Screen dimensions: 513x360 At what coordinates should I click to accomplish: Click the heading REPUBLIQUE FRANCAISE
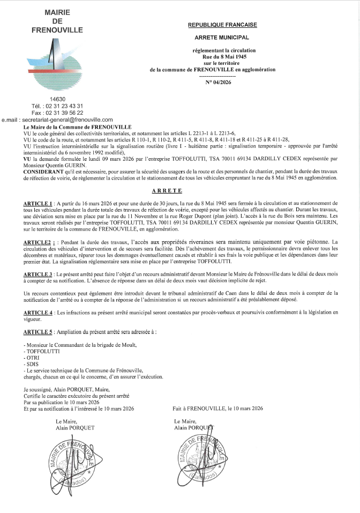[222, 25]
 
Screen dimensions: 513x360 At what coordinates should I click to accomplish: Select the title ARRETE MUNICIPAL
[222, 38]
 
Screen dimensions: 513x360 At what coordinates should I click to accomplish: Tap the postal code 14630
[57, 99]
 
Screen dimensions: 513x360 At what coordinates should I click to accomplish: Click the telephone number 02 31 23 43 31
[57, 106]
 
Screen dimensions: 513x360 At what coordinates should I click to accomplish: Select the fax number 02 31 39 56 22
[57, 113]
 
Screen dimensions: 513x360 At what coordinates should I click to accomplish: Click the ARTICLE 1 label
[37, 204]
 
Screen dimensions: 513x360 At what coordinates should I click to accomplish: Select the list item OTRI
[32, 357]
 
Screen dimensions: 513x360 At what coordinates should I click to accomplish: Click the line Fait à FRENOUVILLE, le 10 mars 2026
[217, 408]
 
